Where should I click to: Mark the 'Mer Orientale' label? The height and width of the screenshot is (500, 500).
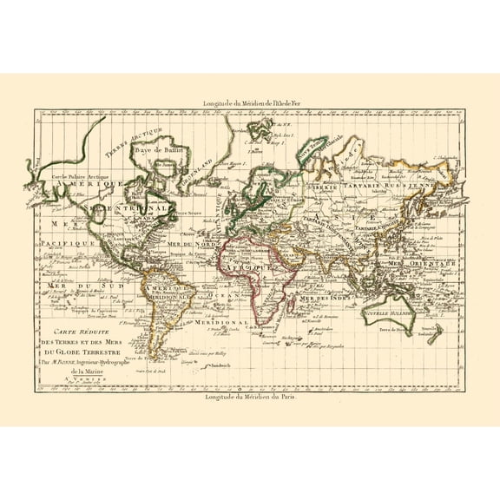411,261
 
